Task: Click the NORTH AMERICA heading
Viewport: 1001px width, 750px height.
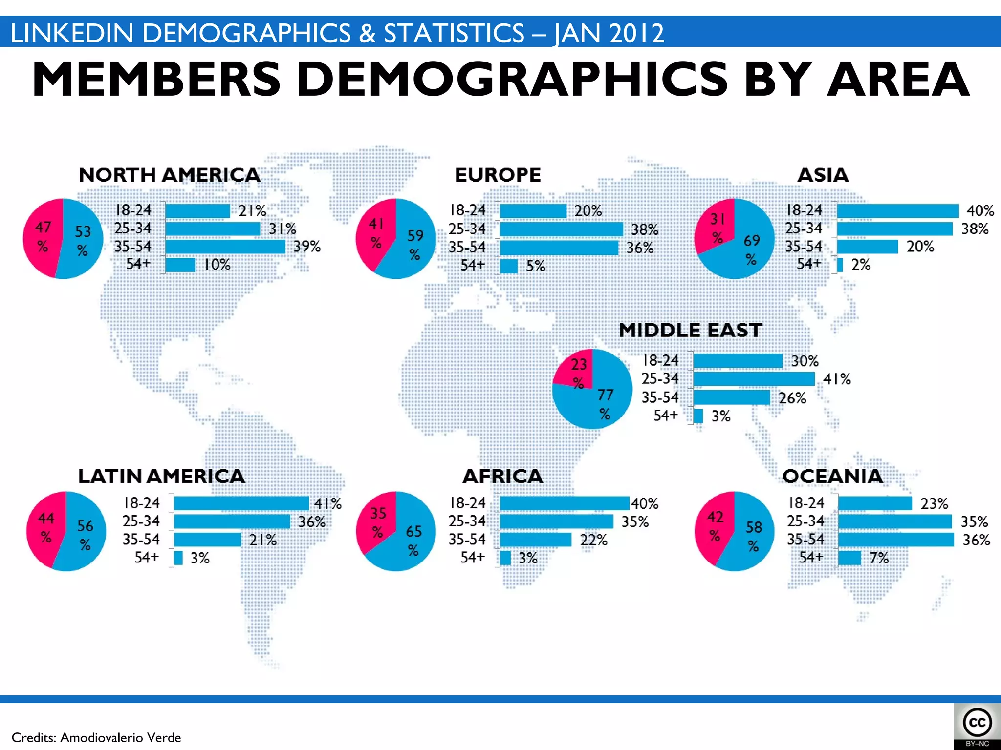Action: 169,175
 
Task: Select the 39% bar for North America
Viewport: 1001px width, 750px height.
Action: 225,247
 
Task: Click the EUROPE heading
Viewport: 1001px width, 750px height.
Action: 498,175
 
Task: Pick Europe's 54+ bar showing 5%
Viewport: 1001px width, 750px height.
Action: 508,266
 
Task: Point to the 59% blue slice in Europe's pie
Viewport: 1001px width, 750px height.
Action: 414,244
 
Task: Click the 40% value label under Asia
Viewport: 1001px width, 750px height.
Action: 979,211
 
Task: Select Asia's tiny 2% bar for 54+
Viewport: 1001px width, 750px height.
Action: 840,265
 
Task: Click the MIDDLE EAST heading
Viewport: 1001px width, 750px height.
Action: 690,330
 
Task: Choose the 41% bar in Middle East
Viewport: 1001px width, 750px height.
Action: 754,379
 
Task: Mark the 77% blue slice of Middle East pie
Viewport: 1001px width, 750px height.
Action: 604,403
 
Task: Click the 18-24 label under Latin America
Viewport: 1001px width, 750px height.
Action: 141,503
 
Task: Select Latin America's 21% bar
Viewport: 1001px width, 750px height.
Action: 207,540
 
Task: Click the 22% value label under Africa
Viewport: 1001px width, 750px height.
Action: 593,540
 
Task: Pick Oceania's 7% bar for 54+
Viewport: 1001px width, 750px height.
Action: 849,558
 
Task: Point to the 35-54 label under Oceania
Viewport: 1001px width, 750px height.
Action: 805,540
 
